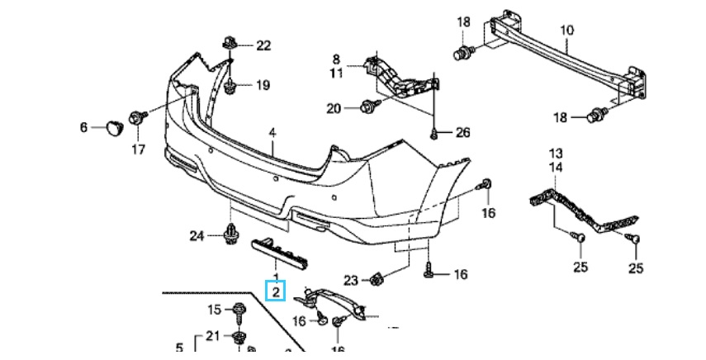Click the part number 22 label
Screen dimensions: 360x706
tap(263, 45)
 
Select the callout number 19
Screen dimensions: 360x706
tap(263, 85)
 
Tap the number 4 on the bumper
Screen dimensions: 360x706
tap(272, 132)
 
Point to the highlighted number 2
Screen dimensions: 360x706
tap(276, 291)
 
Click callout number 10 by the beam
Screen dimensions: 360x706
tap(566, 31)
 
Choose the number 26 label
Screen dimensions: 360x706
tap(462, 132)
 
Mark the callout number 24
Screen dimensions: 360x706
tap(196, 236)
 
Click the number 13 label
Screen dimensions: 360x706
tap(556, 154)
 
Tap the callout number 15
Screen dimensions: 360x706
tap(214, 310)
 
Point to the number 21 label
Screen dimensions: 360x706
tap(213, 335)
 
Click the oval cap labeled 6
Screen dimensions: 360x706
tap(112, 126)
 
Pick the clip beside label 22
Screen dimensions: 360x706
tap(230, 43)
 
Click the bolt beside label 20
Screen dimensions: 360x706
tap(369, 106)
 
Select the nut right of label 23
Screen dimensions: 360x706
tap(377, 280)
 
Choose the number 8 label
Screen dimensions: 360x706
tap(337, 59)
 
